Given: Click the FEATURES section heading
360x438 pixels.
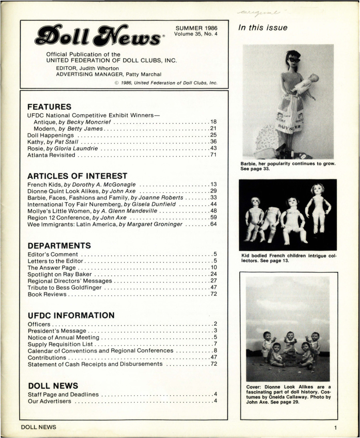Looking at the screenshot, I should [x=49, y=107].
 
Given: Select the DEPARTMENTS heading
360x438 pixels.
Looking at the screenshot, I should [x=59, y=245].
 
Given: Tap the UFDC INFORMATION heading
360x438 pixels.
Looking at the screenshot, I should [x=71, y=315].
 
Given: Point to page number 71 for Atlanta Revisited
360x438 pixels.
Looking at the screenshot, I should [x=213, y=155].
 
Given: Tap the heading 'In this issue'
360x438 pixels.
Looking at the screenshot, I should [x=263, y=28].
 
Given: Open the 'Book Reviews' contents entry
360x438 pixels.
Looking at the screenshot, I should [x=47, y=294].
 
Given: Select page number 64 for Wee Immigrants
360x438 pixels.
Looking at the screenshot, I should [x=213, y=224].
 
